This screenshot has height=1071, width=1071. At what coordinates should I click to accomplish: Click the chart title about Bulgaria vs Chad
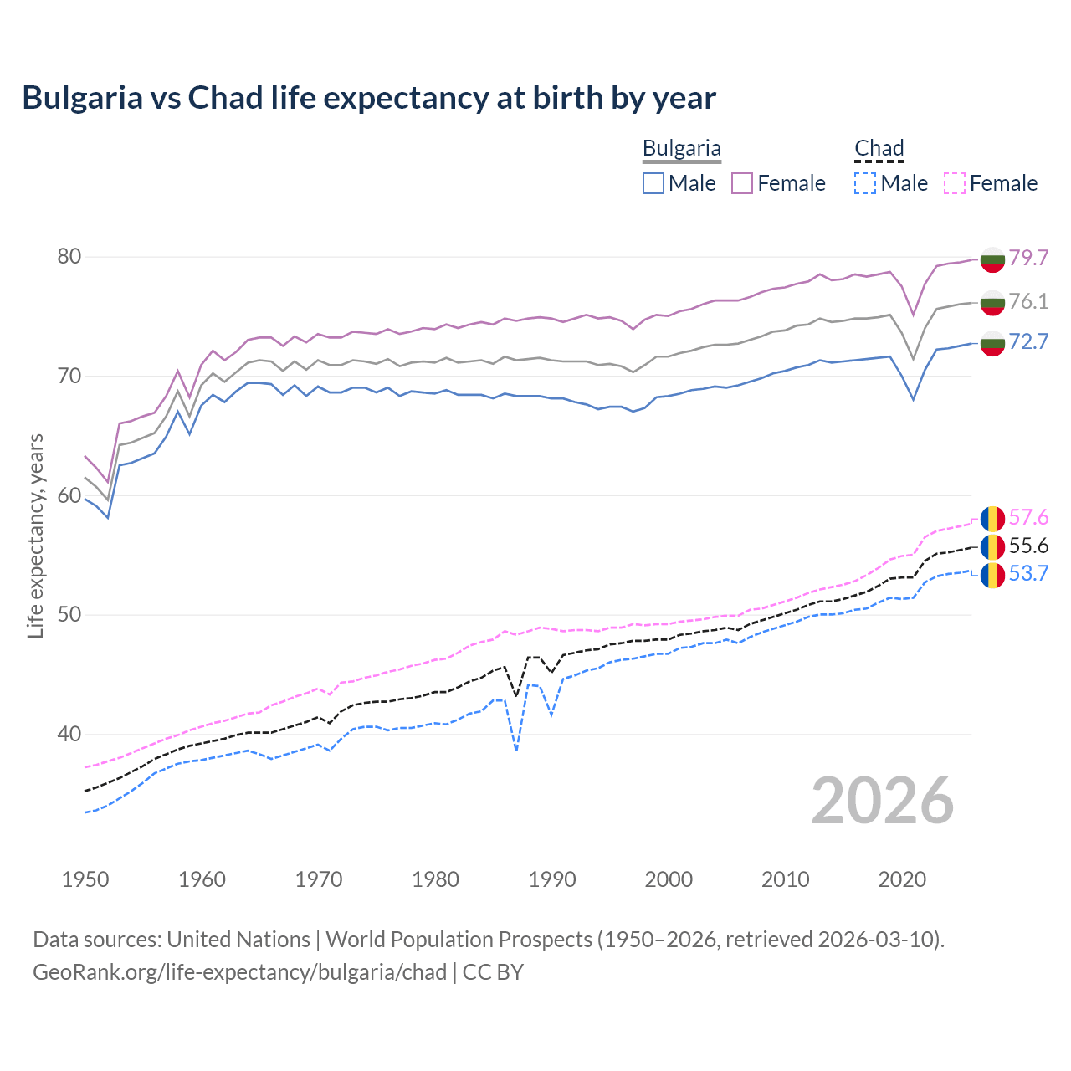369,98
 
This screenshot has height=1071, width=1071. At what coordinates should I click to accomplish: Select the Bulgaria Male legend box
653,183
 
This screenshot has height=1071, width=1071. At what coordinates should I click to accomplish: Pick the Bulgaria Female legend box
743,183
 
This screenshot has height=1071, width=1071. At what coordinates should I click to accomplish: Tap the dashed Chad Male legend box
865,183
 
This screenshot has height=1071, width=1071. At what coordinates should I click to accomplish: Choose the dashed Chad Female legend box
955,183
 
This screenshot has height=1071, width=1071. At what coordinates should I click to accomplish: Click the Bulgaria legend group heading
681,149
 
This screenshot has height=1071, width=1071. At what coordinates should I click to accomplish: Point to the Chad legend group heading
879,149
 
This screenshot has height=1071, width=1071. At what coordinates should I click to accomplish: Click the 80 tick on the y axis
69,257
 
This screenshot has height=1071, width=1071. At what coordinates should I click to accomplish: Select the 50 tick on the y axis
69,615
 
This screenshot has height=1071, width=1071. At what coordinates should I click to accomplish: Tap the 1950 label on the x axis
85,879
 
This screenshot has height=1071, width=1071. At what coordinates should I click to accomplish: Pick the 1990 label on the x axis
552,879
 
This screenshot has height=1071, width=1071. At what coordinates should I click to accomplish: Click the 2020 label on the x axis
902,879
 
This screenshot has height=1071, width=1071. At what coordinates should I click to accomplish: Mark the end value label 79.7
1028,258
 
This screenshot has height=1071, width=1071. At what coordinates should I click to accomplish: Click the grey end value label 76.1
1028,301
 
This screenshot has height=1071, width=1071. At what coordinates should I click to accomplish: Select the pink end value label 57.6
1028,518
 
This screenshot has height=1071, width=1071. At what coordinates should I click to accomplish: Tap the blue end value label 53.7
1028,574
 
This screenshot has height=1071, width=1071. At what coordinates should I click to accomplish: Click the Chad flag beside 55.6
992,547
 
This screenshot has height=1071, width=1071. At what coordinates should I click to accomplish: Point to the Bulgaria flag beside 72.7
992,342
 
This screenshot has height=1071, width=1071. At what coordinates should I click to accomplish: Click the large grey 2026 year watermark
883,801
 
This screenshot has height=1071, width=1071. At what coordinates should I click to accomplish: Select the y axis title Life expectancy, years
36,535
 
